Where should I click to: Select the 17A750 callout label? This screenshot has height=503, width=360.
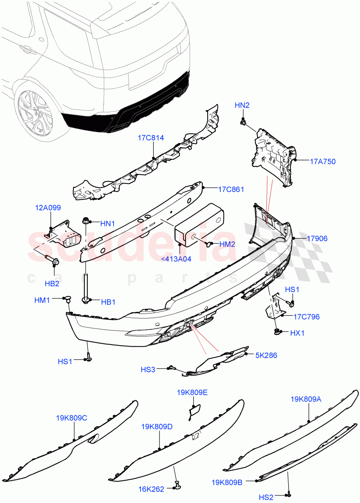[323, 161]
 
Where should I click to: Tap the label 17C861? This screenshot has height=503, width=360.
[231, 189]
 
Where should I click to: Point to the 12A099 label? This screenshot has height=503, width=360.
[48, 207]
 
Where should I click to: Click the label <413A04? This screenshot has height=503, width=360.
[176, 259]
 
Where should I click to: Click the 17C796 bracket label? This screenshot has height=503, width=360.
[306, 316]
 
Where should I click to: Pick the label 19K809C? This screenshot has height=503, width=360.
[71, 417]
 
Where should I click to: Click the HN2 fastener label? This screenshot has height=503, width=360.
[242, 106]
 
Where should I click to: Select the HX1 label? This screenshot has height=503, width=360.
[297, 333]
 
